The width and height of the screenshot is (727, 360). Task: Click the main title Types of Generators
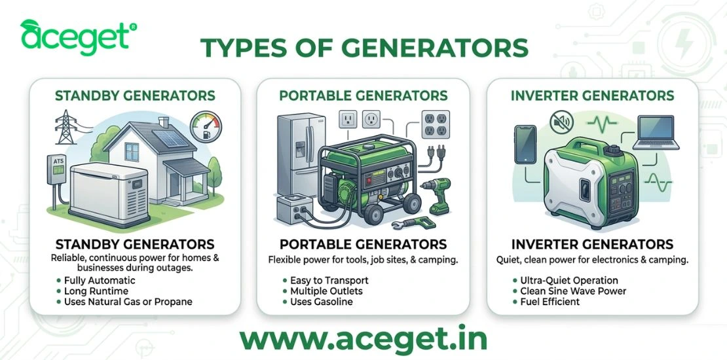tap(363, 48)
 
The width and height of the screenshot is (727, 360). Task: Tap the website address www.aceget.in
tap(363, 339)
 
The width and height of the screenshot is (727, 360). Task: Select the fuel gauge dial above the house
tap(206, 124)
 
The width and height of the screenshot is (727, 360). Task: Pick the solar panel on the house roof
tap(153, 135)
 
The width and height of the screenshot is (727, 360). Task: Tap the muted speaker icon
tap(563, 121)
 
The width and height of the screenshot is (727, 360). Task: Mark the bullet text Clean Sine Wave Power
tap(573, 291)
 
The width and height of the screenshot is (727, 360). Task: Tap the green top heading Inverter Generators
tap(592, 96)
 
